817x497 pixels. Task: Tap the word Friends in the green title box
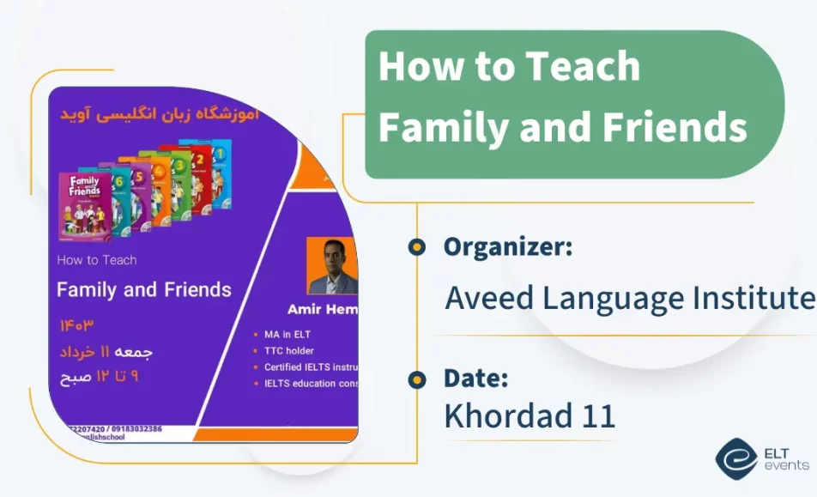[x=674, y=127]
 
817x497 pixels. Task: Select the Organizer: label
[x=508, y=247]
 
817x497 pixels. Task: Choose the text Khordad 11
[x=530, y=415]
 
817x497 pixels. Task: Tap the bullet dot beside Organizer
[x=417, y=248]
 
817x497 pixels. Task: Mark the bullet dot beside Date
[x=417, y=379]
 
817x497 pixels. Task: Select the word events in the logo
[x=785, y=465]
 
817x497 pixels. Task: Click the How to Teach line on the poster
[x=97, y=259]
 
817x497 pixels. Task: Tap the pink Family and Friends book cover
[x=84, y=205]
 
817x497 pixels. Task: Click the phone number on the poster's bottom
[x=112, y=428]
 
